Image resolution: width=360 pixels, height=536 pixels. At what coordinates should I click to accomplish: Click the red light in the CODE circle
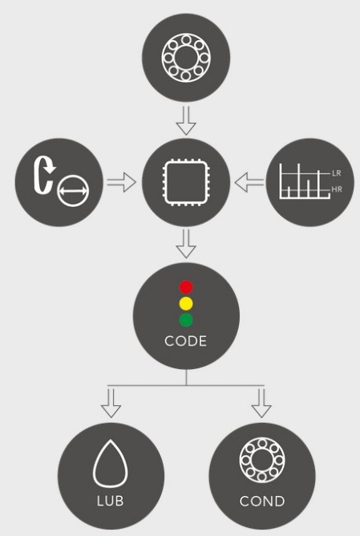point(186,287)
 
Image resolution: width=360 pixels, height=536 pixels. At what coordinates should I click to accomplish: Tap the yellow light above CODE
point(186,303)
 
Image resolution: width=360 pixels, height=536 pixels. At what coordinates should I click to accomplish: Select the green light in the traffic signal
point(186,320)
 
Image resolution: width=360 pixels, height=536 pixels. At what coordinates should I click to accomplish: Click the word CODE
point(186,341)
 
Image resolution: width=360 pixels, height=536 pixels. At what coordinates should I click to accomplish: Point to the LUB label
point(111,501)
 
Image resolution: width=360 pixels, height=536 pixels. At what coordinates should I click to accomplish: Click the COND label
point(262,501)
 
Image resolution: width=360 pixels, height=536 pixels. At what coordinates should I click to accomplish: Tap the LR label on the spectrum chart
point(337,173)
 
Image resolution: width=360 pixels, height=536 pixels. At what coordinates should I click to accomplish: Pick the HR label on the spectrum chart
point(337,189)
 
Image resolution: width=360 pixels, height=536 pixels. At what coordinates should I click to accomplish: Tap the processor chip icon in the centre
point(165,182)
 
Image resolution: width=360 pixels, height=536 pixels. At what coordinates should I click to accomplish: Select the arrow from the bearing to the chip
point(186,120)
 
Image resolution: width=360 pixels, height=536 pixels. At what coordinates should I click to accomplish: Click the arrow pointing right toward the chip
point(122,182)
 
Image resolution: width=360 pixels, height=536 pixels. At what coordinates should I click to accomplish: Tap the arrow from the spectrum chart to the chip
point(249,182)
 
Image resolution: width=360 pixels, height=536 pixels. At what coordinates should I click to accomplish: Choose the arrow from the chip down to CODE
point(186,243)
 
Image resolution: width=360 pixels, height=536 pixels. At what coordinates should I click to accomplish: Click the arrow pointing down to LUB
point(111,403)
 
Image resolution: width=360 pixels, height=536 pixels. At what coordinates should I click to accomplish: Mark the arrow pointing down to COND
point(261,403)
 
